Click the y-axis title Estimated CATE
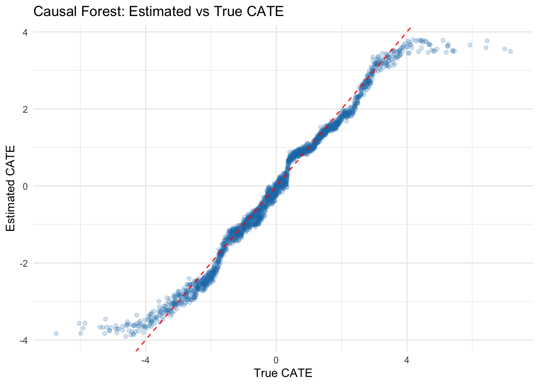[x=11, y=188]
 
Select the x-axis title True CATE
[x=283, y=373]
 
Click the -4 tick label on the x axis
[x=145, y=360]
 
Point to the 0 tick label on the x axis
[x=276, y=360]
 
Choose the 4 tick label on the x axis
[x=407, y=360]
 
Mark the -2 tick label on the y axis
[x=23, y=263]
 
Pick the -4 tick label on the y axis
[x=23, y=340]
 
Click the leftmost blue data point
[x=56, y=333]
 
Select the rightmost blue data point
[x=510, y=51]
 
